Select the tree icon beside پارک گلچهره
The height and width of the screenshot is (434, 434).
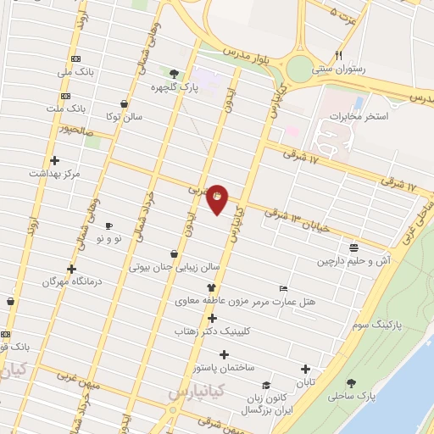174,74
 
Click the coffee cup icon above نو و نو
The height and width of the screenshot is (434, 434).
108,225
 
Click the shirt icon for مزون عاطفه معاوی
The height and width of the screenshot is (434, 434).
200,287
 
